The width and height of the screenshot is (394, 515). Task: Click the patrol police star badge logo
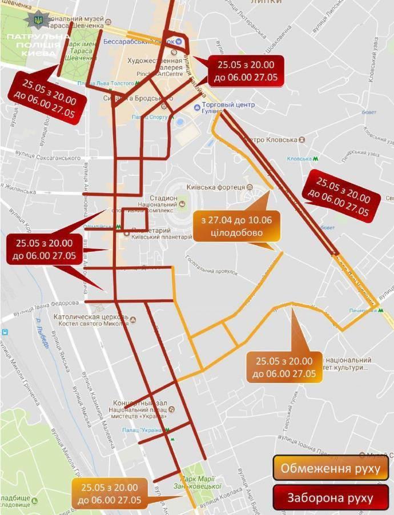(x=38, y=19)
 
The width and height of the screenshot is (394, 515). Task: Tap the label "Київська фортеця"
(x=219, y=187)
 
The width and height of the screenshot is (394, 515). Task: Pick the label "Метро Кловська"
(x=271, y=140)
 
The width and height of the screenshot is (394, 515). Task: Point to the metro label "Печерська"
(x=363, y=311)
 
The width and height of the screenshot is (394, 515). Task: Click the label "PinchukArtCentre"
(x=159, y=74)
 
